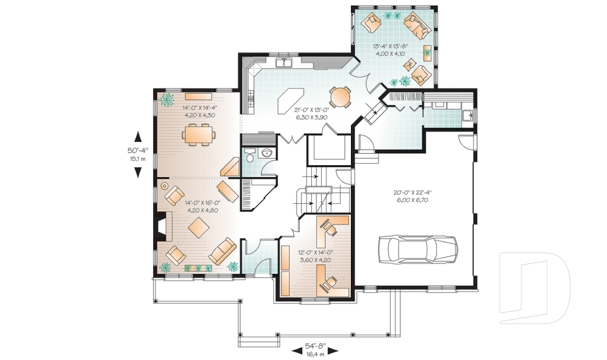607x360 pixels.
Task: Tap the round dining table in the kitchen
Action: [x=340, y=96]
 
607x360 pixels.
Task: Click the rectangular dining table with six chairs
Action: [x=198, y=135]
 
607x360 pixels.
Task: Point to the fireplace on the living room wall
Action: [x=162, y=227]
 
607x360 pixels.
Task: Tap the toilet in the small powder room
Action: [x=250, y=156]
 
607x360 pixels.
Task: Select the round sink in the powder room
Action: [x=267, y=154]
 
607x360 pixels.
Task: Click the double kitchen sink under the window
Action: [x=284, y=63]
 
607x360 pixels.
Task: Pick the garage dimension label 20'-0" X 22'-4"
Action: [x=413, y=192]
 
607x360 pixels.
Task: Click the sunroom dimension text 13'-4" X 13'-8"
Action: [x=392, y=46]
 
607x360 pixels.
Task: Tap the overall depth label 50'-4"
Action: [x=137, y=151]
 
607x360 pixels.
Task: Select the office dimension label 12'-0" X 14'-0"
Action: [x=316, y=252]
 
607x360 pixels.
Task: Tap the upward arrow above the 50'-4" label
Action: [x=138, y=137]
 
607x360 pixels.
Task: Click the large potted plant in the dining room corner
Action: [x=167, y=99]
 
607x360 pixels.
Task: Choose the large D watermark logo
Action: [x=535, y=287]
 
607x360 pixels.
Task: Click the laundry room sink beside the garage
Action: [x=467, y=115]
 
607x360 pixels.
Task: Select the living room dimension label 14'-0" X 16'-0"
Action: [x=202, y=202]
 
